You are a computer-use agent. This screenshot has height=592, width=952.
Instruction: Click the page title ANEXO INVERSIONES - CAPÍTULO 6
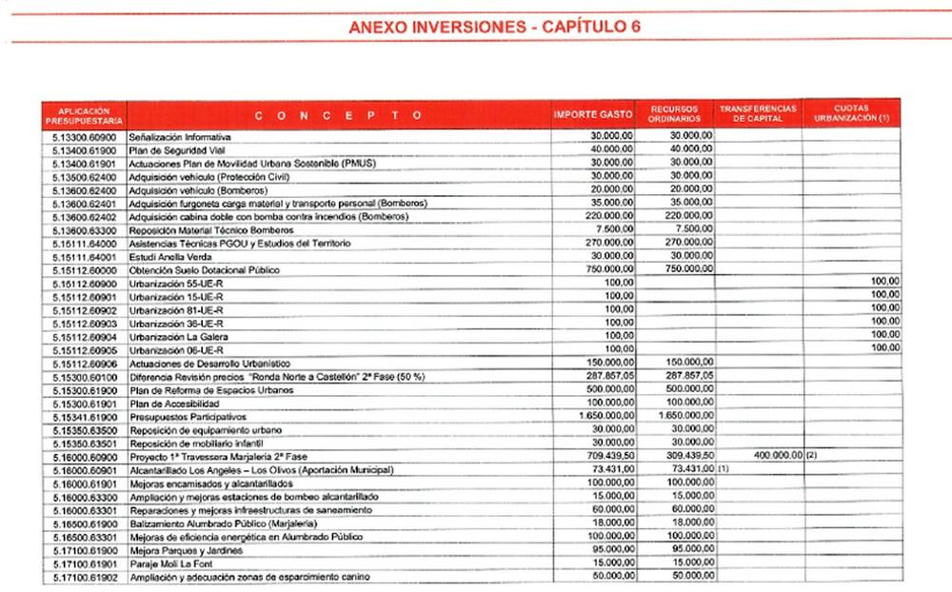click(x=494, y=26)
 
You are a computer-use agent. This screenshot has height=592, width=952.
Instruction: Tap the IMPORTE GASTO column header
click(x=593, y=115)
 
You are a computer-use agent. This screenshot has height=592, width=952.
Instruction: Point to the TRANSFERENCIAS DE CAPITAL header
click(x=758, y=114)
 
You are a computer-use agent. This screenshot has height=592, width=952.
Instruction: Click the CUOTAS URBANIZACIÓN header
click(x=850, y=114)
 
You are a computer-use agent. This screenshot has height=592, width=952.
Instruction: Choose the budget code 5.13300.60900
click(x=84, y=137)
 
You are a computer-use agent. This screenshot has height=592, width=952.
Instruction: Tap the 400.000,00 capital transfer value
click(x=778, y=457)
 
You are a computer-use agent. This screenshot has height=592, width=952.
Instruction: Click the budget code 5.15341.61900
click(x=84, y=417)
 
